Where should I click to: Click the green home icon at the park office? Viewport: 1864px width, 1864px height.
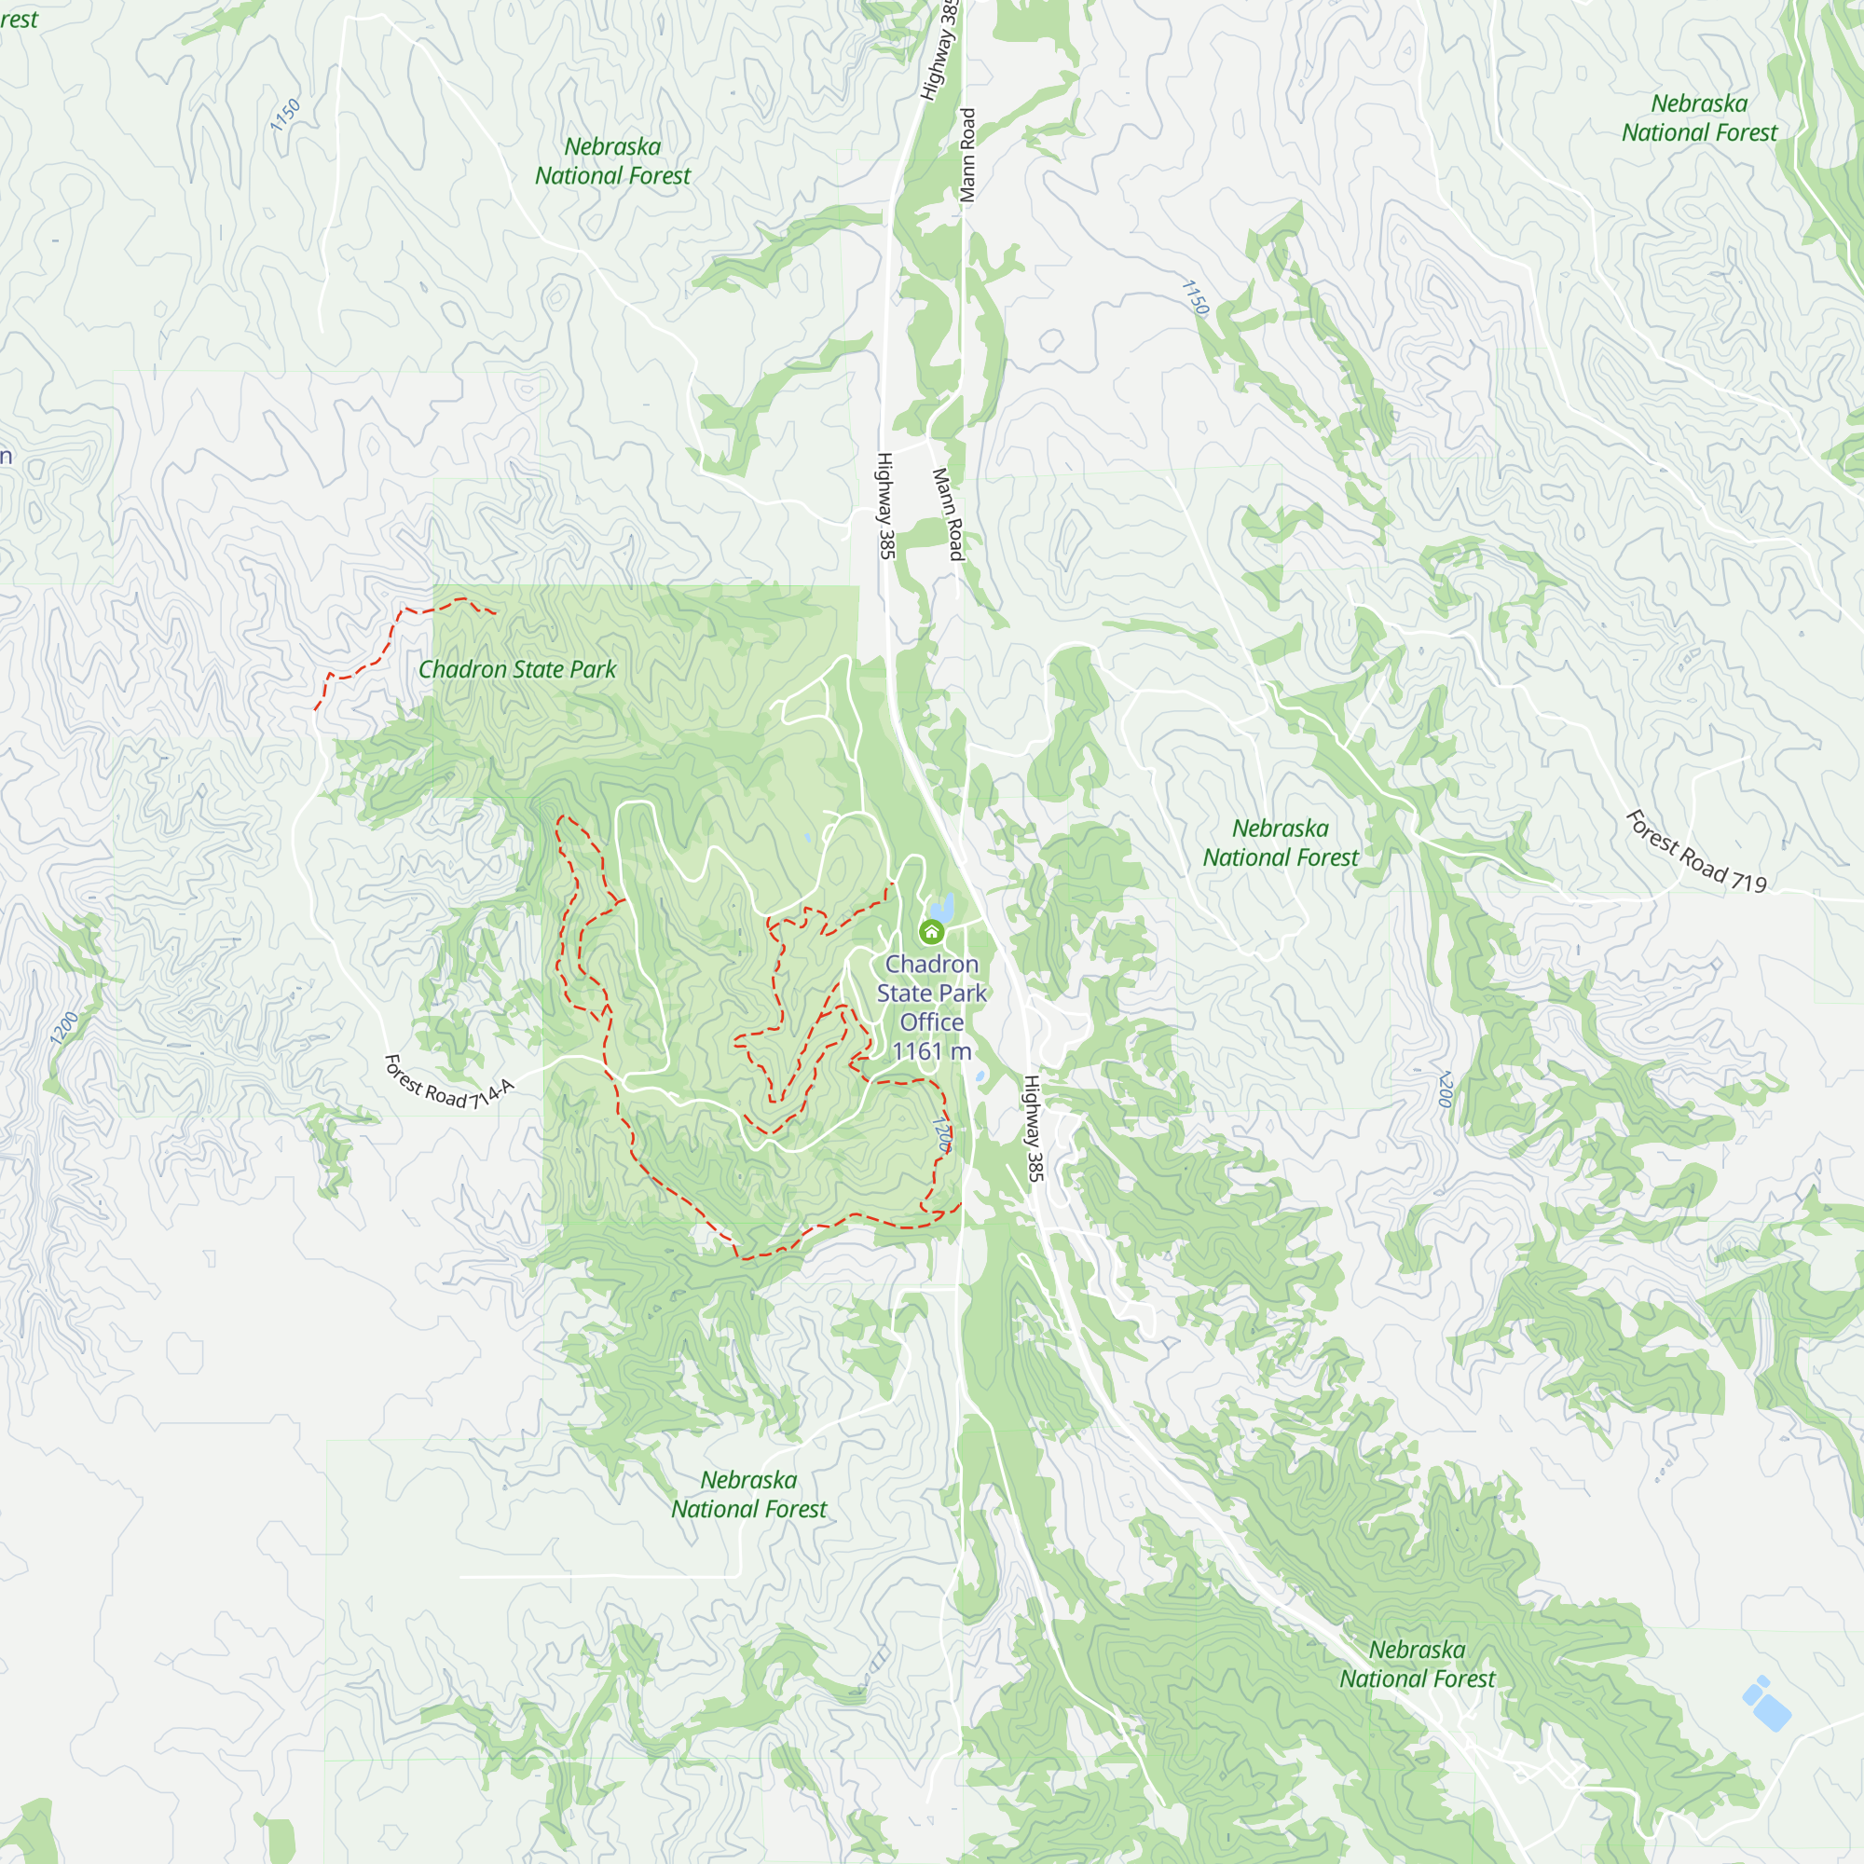tap(931, 932)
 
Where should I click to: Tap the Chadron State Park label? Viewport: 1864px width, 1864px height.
tap(517, 669)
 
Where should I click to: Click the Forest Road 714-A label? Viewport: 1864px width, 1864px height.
tap(448, 1082)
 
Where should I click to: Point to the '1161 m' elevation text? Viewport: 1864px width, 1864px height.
tap(932, 1050)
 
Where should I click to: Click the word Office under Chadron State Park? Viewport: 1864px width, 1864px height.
tap(932, 1021)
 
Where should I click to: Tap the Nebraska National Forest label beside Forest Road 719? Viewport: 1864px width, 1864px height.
tap(1280, 843)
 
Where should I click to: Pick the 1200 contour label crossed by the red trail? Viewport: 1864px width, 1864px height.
tap(942, 1133)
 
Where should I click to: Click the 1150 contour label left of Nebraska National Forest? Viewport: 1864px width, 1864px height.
tap(284, 115)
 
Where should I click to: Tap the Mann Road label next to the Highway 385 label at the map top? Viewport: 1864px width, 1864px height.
tap(967, 156)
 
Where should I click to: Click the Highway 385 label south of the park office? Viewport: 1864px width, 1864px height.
tap(1033, 1128)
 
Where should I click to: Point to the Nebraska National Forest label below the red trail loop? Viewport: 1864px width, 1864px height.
tap(748, 1495)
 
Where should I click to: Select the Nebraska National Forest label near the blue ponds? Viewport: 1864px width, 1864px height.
tap(1417, 1665)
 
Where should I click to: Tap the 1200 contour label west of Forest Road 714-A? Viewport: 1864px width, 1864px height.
tap(63, 1029)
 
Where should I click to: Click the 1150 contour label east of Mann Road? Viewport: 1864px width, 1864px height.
tap(1195, 297)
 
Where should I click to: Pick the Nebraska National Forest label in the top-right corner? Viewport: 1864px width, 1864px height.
tap(1699, 117)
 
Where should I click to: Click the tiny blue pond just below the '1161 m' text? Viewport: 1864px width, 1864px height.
tap(980, 1076)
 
